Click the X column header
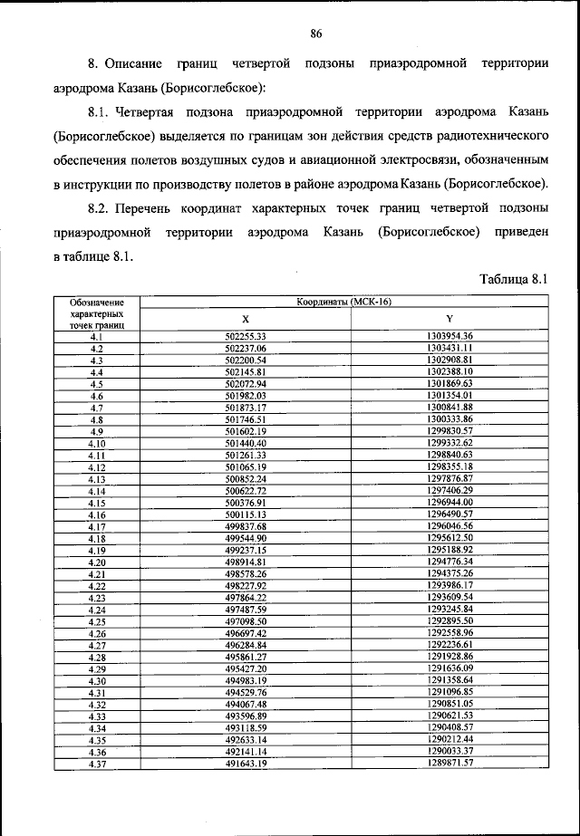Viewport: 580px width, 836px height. point(245,319)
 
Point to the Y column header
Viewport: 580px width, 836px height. point(449,319)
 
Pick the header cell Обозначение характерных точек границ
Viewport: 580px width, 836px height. point(96,312)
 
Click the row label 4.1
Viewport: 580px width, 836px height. point(96,336)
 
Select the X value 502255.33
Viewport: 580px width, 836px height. point(245,336)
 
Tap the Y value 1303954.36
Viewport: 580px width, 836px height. point(449,336)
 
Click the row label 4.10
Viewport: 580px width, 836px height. point(96,443)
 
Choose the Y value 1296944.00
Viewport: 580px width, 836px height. point(449,502)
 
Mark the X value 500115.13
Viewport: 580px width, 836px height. point(245,514)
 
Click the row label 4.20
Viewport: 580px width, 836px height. point(96,562)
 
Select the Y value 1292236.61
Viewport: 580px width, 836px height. point(449,644)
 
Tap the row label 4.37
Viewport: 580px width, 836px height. point(96,763)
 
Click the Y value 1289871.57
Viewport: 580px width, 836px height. point(449,763)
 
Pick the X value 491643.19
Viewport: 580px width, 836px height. point(245,763)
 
